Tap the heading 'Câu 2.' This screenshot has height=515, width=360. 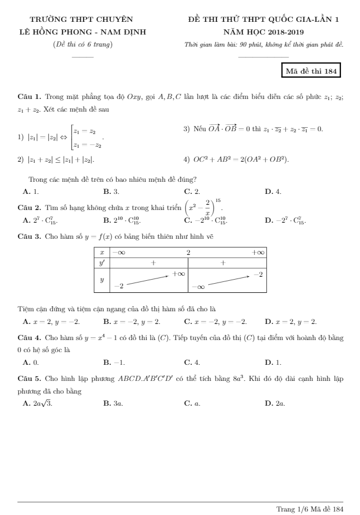(29, 206)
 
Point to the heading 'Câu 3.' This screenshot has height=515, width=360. (29, 236)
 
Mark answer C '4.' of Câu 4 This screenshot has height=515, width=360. (192, 363)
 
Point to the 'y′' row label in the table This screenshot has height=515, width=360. (101, 262)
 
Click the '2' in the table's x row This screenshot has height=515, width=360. (187, 252)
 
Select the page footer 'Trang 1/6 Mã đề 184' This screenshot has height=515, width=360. (310, 509)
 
